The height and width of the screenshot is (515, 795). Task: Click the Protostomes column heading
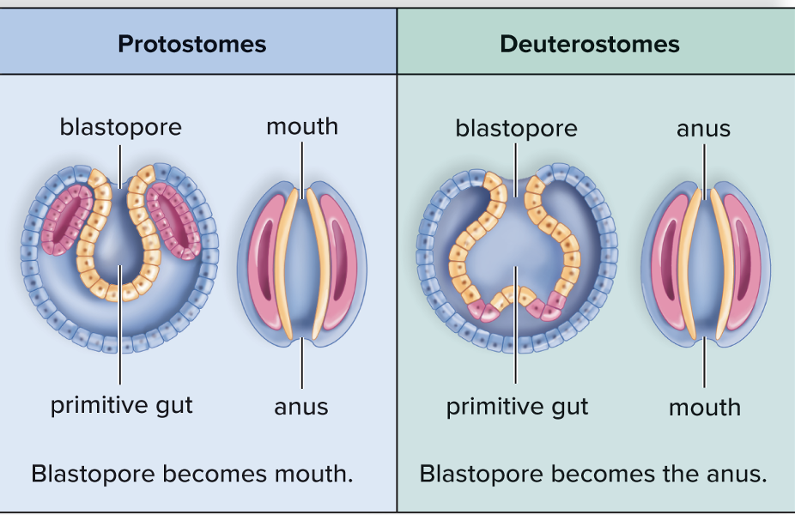point(191,44)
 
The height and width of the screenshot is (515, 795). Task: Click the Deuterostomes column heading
point(589,44)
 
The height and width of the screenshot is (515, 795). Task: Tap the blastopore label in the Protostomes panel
point(120,127)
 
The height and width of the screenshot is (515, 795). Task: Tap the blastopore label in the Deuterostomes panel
point(516,128)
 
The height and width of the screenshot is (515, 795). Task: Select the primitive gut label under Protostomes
point(121,405)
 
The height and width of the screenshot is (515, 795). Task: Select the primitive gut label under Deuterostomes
point(517,406)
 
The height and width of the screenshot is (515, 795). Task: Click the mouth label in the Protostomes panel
point(301,126)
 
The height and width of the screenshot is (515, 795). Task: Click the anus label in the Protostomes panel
point(301,406)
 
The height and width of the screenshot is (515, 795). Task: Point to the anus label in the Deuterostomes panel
point(703,129)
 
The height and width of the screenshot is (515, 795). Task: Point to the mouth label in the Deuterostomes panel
point(704,407)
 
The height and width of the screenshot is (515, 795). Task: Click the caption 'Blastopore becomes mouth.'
point(192,474)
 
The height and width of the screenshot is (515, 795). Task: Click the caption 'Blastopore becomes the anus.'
point(592,474)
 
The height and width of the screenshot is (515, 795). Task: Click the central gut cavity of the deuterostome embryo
point(515,249)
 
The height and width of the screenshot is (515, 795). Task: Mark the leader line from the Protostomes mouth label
point(301,163)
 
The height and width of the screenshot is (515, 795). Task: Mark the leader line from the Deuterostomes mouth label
point(704,365)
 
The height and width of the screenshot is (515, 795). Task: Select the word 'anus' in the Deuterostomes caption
point(735,474)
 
